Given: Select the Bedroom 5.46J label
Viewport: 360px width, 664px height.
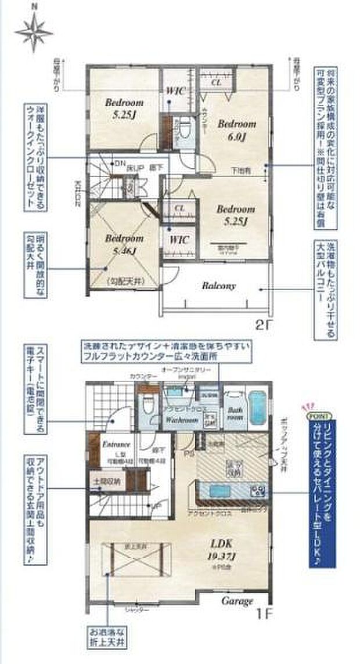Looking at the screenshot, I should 124,243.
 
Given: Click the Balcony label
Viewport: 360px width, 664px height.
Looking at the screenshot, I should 218,286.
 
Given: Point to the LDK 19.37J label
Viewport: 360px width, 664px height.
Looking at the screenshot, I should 221,548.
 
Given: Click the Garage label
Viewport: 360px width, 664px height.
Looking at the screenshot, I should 236,601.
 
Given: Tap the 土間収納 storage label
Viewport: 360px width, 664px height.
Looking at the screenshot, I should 106,481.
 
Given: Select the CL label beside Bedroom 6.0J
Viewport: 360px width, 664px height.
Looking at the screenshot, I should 215,83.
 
